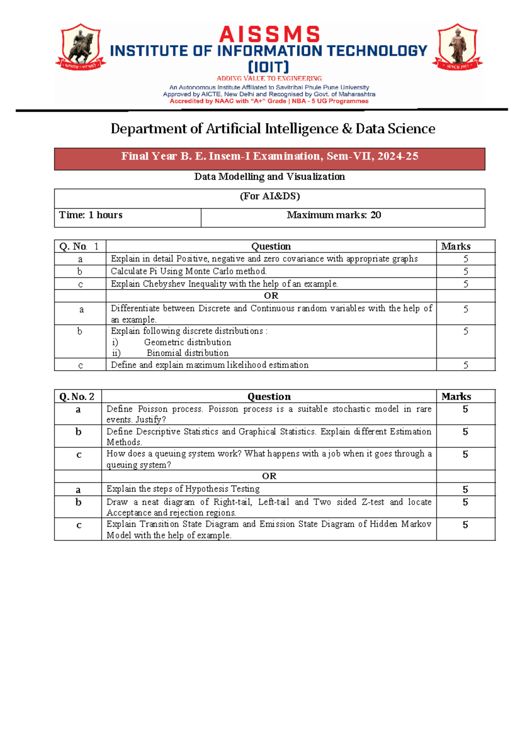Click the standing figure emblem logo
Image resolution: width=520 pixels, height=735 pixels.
pyautogui.click(x=457, y=47)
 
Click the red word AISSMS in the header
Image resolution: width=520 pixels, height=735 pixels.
pyautogui.click(x=269, y=34)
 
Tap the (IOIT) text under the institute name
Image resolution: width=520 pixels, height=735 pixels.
pyautogui.click(x=269, y=67)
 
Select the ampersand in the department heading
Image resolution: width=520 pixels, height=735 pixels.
pyautogui.click(x=347, y=129)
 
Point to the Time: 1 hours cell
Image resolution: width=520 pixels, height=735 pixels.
pyautogui.click(x=91, y=215)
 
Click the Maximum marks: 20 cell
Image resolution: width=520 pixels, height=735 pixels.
pyautogui.click(x=334, y=215)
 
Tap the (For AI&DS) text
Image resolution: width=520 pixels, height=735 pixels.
pyautogui.click(x=270, y=196)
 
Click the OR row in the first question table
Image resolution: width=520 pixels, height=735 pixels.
pyautogui.click(x=271, y=296)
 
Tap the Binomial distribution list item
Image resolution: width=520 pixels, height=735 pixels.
pyautogui.click(x=187, y=353)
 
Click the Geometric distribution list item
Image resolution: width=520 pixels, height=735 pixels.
pyautogui.click(x=187, y=342)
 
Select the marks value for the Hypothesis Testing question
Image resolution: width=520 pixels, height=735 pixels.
pyautogui.click(x=465, y=490)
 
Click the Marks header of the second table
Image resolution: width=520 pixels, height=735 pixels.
pyautogui.click(x=456, y=397)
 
